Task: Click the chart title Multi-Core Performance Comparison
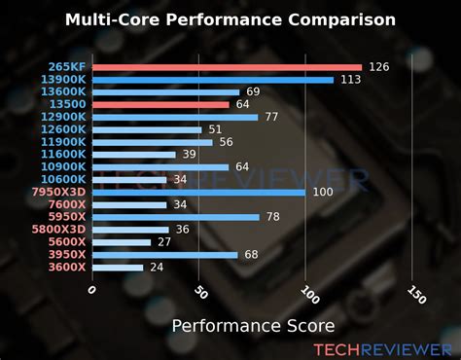tap(230, 19)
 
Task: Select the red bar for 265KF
tap(227, 67)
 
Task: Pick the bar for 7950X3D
tap(199, 192)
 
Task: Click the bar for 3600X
tap(118, 267)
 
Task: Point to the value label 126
tap(379, 67)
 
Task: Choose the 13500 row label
tap(69, 104)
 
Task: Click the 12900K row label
tap(64, 117)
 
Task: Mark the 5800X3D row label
tap(59, 230)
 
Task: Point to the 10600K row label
tap(64, 179)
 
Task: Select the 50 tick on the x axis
tap(200, 292)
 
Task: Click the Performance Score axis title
tap(253, 324)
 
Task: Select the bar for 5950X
tap(176, 217)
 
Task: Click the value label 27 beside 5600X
tap(164, 241)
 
